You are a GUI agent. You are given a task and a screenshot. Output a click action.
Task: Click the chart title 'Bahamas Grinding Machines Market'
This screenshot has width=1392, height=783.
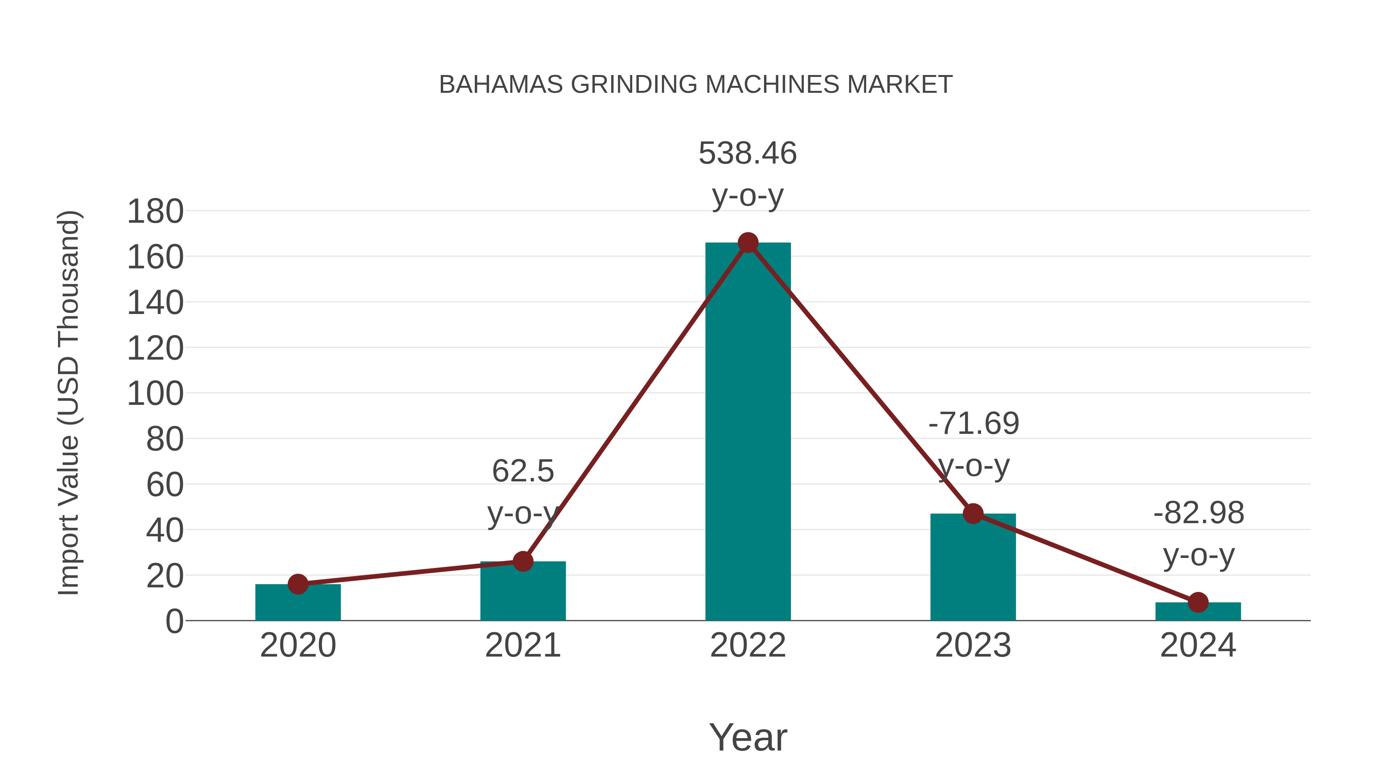click(x=696, y=84)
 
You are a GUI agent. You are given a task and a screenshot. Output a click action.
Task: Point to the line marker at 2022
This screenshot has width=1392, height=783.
click(x=748, y=243)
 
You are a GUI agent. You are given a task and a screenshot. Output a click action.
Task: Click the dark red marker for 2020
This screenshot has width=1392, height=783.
click(x=298, y=584)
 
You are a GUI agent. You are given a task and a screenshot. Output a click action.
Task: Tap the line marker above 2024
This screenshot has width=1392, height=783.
click(x=1198, y=602)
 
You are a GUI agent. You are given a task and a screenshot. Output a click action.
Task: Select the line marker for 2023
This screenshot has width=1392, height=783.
click(x=973, y=513)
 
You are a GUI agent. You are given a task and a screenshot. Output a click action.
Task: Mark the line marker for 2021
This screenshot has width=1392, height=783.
click(x=522, y=561)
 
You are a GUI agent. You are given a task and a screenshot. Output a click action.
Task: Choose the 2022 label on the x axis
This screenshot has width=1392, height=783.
click(x=748, y=645)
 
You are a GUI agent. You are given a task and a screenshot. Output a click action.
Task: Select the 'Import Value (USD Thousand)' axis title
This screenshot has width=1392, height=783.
click(x=69, y=403)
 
